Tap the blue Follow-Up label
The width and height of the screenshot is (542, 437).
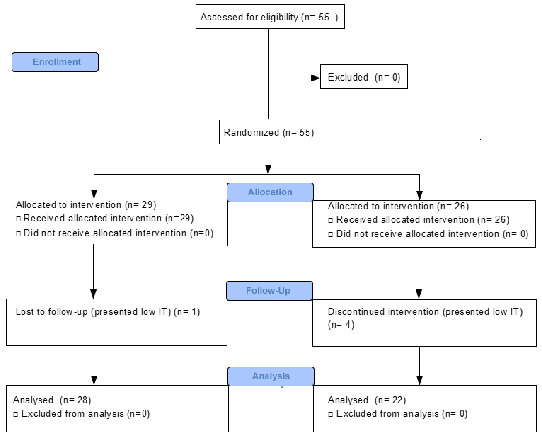269,291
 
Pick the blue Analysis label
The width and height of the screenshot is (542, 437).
271,376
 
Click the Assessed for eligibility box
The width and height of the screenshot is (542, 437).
270,17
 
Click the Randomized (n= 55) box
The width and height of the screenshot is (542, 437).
270,132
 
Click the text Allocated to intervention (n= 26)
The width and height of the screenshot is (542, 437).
398,206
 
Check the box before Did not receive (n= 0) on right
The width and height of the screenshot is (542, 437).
331,234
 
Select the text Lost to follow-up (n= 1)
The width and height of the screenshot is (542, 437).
108,312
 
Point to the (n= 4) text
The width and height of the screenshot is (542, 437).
341,325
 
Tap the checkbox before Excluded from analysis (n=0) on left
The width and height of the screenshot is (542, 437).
16,414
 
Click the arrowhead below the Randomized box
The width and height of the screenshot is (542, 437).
268,169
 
